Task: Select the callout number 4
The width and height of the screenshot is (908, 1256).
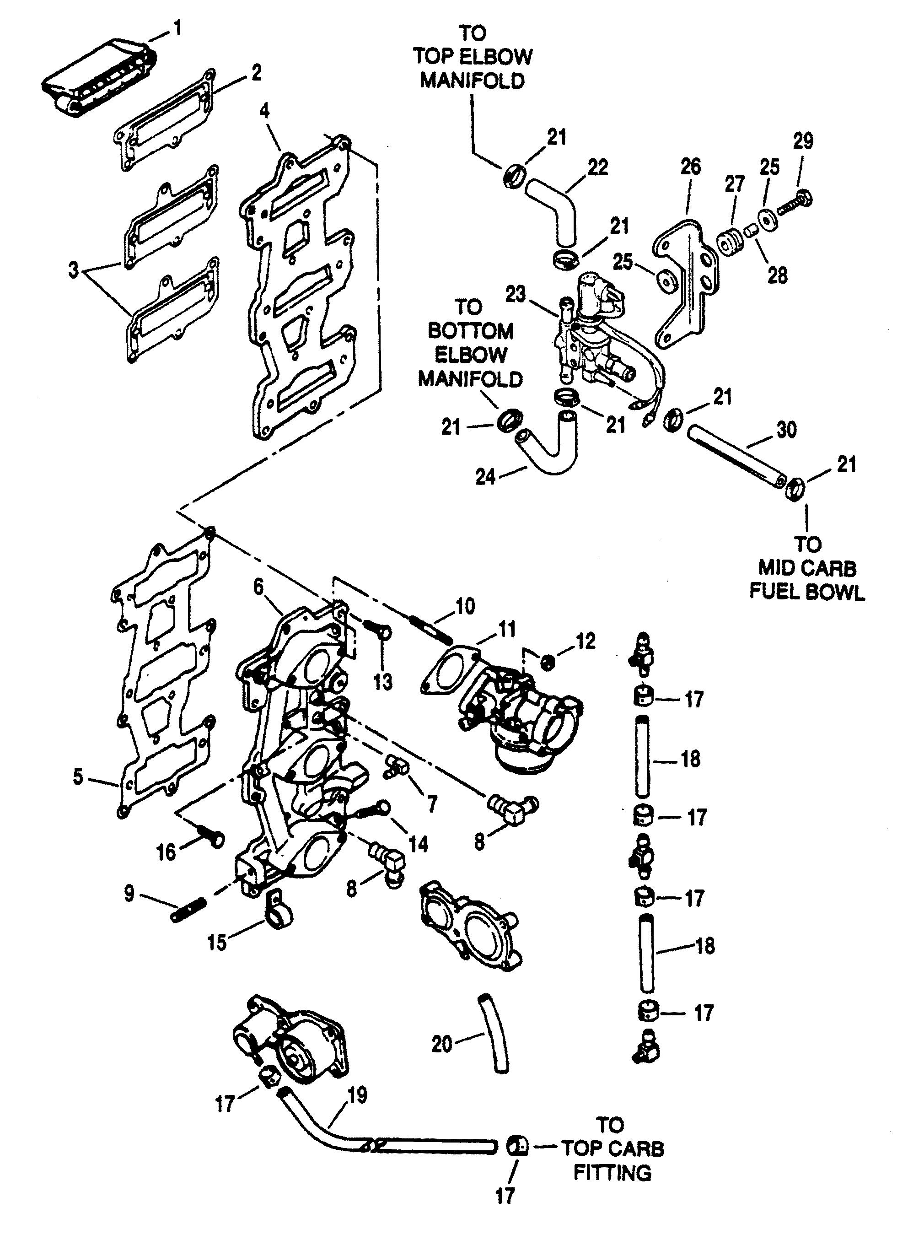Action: point(265,110)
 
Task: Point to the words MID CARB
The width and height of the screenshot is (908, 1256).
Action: point(807,568)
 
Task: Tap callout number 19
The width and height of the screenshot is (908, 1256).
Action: point(358,1095)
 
